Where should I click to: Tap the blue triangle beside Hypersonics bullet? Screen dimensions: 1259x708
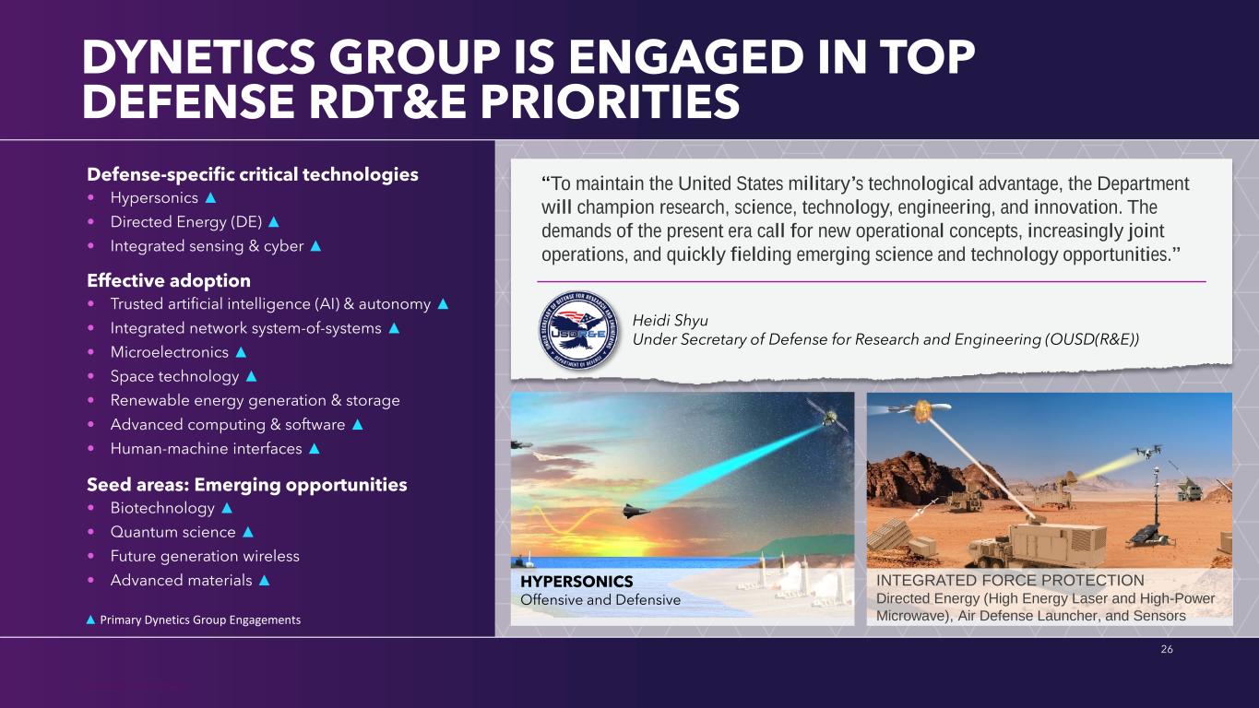click(x=211, y=198)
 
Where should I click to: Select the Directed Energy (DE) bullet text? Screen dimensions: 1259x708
click(x=186, y=222)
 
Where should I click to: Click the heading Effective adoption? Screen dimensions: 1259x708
click(x=169, y=280)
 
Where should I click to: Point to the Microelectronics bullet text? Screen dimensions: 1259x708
click(x=169, y=352)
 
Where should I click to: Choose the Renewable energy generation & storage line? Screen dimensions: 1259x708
click(x=255, y=400)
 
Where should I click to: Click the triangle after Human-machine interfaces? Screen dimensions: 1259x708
click(x=315, y=448)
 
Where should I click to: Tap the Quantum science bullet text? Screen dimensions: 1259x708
click(x=172, y=532)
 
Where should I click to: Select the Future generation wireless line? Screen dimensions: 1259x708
click(x=205, y=556)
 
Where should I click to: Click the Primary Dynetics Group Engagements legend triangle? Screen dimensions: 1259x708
click(x=90, y=619)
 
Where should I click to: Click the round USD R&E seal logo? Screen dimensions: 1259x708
click(x=578, y=330)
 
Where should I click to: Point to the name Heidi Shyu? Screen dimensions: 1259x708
click(x=670, y=320)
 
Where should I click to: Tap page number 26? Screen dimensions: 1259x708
click(x=1167, y=649)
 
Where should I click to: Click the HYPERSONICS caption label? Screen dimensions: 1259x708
click(x=576, y=581)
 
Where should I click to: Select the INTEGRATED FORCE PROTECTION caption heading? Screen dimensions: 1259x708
click(x=1010, y=580)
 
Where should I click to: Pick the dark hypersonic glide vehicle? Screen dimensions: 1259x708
click(x=635, y=512)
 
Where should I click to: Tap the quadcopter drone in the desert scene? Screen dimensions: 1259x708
click(x=1147, y=451)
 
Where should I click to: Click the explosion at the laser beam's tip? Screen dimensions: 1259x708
click(x=922, y=411)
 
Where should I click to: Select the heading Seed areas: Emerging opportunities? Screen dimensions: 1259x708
click(x=247, y=484)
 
